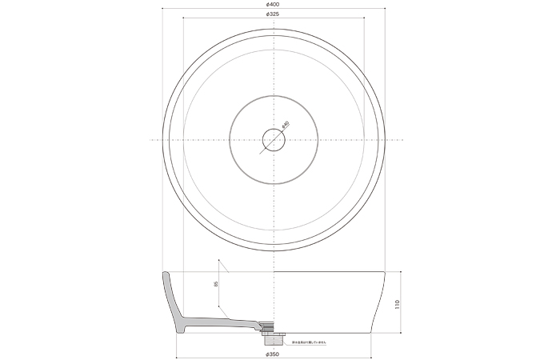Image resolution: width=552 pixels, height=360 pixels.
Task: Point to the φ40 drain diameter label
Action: coord(286,125)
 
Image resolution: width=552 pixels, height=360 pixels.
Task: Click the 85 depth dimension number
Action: coord(216,284)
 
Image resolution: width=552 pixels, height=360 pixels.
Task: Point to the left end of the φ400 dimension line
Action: coord(162,10)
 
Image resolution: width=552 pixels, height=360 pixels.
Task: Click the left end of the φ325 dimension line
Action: coord(183,20)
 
